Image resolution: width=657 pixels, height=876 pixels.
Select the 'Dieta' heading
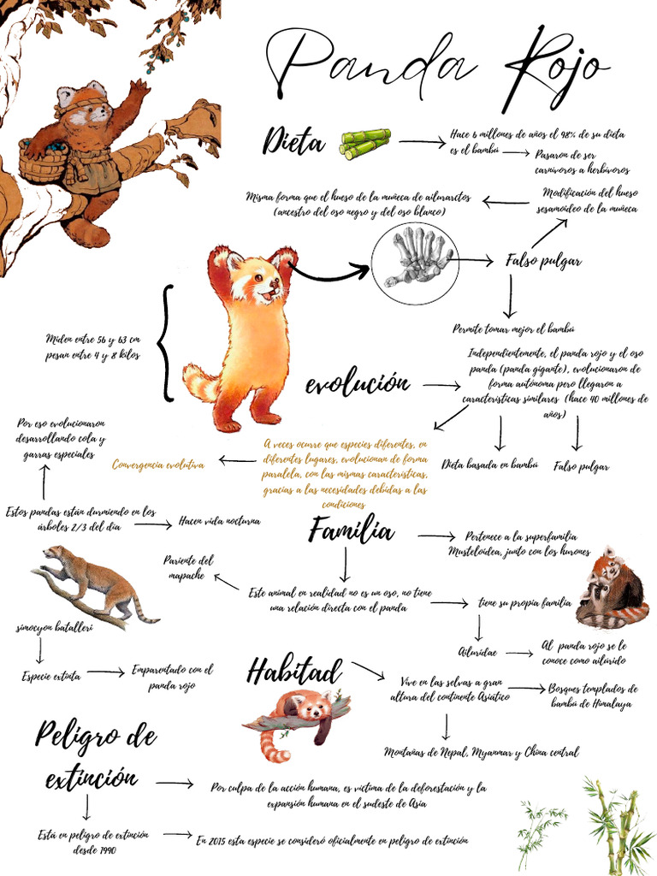click(x=294, y=143)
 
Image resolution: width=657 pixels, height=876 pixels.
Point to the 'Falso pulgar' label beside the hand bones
click(x=543, y=260)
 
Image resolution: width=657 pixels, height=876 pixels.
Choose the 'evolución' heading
click(x=358, y=385)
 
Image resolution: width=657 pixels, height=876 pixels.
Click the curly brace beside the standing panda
click(x=168, y=343)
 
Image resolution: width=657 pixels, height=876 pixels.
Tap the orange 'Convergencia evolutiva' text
click(x=158, y=465)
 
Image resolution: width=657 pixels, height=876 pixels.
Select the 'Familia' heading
click(x=351, y=533)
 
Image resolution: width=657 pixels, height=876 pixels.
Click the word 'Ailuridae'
click(x=477, y=652)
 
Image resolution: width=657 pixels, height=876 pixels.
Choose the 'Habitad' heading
click(x=294, y=672)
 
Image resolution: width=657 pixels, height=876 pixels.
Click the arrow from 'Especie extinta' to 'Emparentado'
click(x=106, y=673)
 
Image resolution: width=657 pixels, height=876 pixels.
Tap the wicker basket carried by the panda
click(x=43, y=160)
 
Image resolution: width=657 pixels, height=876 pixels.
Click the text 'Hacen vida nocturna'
click(x=219, y=520)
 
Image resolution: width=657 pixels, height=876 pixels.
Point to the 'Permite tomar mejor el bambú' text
click(x=513, y=328)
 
